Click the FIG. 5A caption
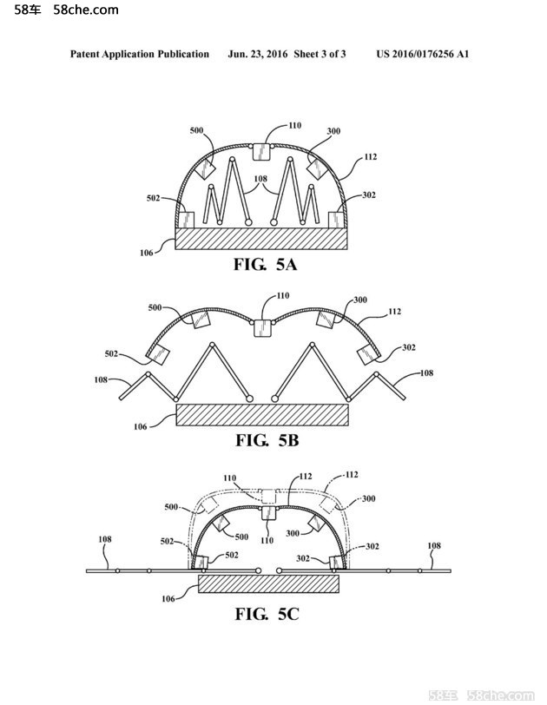click(x=265, y=264)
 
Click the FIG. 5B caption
click(x=267, y=440)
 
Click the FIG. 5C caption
click(x=267, y=614)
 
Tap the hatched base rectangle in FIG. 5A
click(x=261, y=238)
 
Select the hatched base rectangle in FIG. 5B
click(x=262, y=414)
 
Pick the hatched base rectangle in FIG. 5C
click(x=268, y=583)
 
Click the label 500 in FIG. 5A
click(x=196, y=130)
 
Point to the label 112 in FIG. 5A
click(x=371, y=156)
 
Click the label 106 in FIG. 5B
click(x=141, y=426)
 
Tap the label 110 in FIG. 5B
click(x=283, y=295)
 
